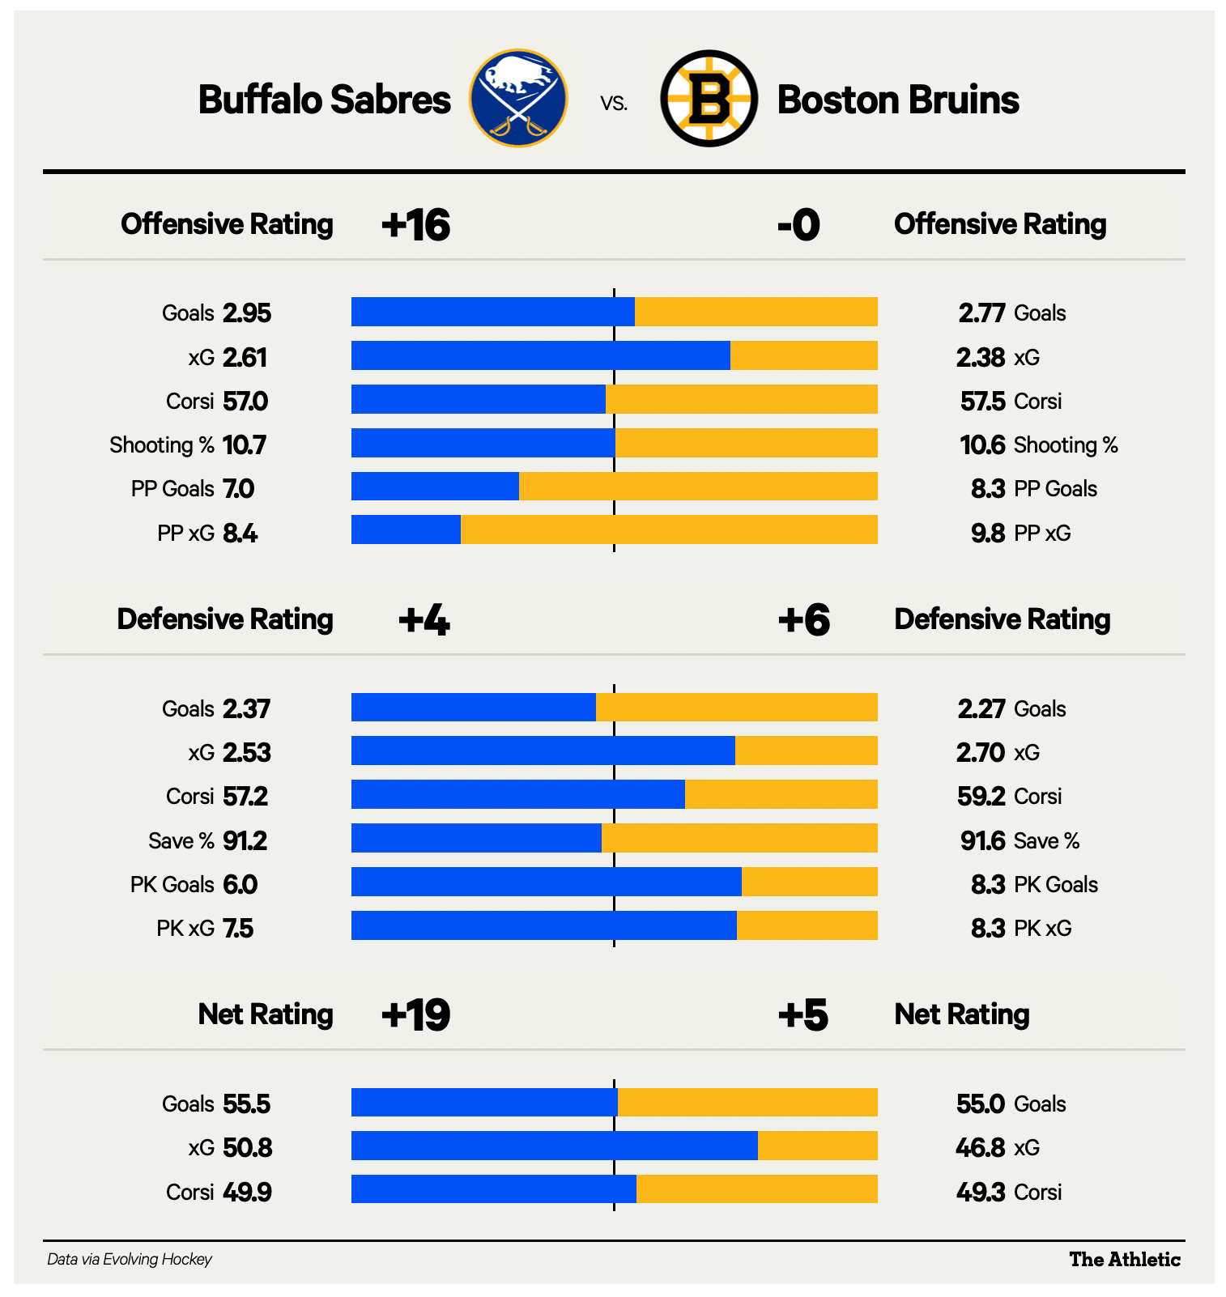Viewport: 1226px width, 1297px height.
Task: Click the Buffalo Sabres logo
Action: [x=518, y=99]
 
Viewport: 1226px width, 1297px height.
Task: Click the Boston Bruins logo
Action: [x=709, y=99]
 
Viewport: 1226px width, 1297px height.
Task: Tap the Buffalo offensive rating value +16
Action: [x=415, y=225]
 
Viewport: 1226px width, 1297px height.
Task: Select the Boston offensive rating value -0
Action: [x=798, y=225]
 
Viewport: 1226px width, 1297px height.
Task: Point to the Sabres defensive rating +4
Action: [x=424, y=620]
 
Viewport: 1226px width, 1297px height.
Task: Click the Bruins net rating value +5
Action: [x=802, y=1015]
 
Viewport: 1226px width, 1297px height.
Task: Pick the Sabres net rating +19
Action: [x=415, y=1015]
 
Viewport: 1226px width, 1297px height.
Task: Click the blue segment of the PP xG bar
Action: [x=406, y=530]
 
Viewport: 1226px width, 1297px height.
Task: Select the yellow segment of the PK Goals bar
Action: [x=809, y=882]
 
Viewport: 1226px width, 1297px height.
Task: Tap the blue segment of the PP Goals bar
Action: [x=435, y=487]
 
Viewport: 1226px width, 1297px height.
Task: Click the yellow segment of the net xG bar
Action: [x=817, y=1146]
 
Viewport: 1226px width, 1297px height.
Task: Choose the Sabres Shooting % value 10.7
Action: [x=245, y=445]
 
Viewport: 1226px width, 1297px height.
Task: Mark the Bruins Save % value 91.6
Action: [x=982, y=841]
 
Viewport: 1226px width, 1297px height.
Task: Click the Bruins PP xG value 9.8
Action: [x=988, y=534]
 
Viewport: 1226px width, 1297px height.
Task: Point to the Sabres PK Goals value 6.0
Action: [x=241, y=885]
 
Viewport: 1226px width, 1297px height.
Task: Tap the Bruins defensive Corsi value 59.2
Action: [x=981, y=797]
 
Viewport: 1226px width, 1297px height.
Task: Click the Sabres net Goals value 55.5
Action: [x=247, y=1104]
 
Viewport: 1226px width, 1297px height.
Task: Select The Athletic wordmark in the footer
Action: [x=1125, y=1259]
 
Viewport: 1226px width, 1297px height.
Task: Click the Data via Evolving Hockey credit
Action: [x=130, y=1259]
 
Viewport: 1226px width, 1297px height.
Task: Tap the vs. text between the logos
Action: [x=614, y=103]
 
